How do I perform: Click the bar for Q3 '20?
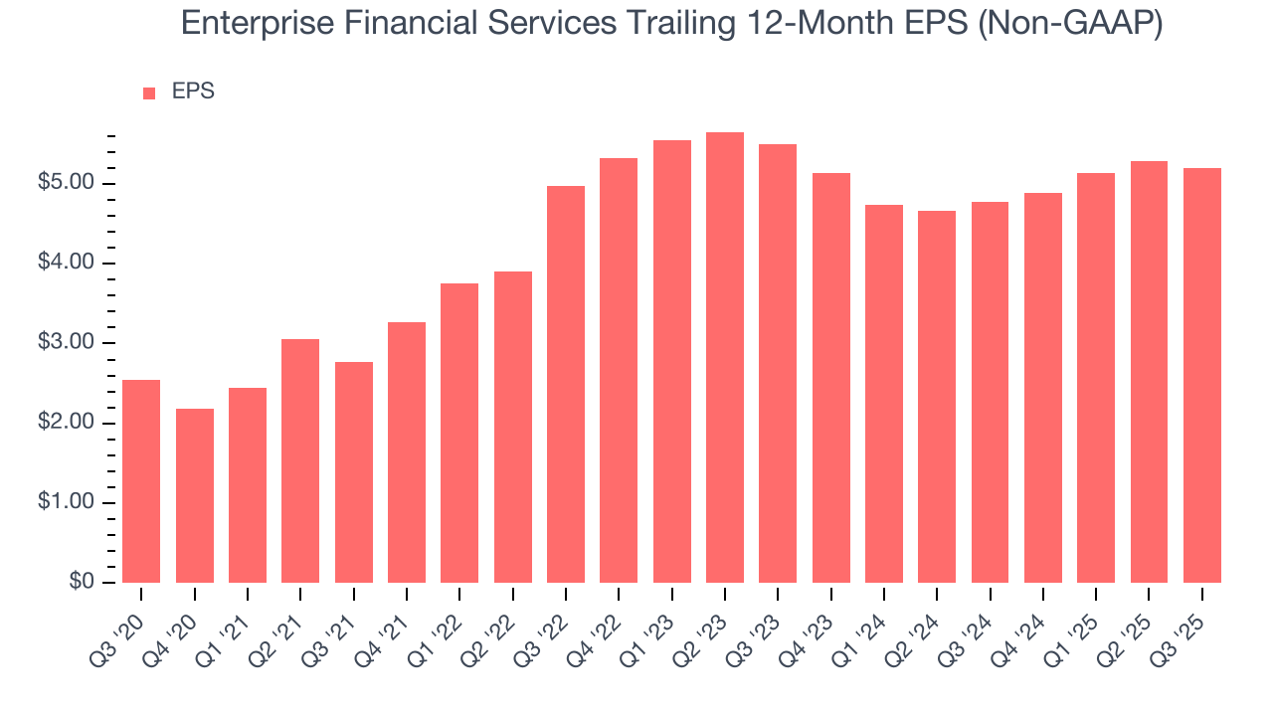pyautogui.click(x=141, y=481)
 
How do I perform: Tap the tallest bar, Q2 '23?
pyautogui.click(x=725, y=358)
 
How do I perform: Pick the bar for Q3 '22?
pyautogui.click(x=566, y=384)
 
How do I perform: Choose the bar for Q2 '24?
pyautogui.click(x=937, y=397)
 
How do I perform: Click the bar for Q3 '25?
pyautogui.click(x=1202, y=376)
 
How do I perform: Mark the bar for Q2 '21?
pyautogui.click(x=300, y=460)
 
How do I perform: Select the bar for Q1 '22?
pyautogui.click(x=459, y=433)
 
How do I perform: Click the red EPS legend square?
pyautogui.click(x=149, y=93)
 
